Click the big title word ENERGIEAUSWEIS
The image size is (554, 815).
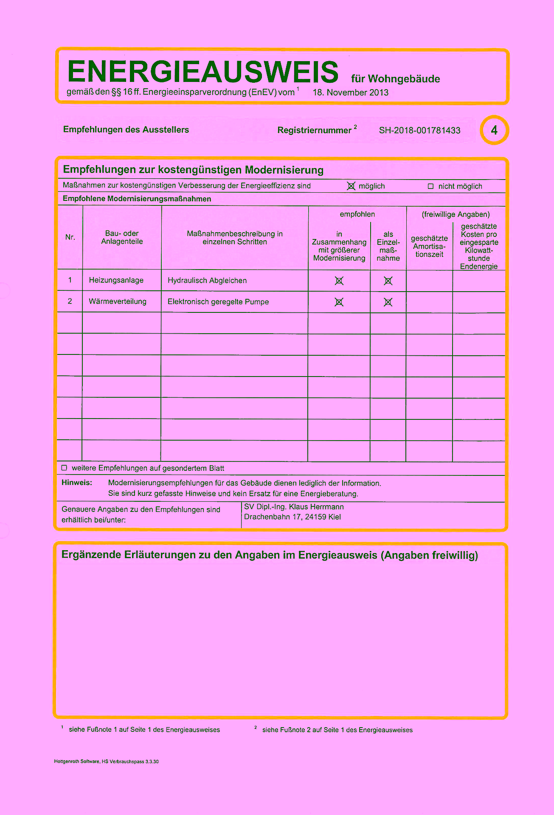(x=202, y=71)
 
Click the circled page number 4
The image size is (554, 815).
(x=494, y=130)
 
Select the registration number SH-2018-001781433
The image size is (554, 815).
(x=419, y=130)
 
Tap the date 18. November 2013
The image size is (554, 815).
(x=350, y=93)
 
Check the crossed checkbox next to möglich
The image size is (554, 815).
(x=351, y=186)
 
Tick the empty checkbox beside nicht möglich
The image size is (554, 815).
(x=430, y=186)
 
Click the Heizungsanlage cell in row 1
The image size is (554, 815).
(x=116, y=280)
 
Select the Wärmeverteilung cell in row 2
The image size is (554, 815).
(x=118, y=301)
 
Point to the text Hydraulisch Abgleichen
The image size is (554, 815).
(x=207, y=281)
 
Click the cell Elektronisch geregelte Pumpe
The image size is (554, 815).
(x=218, y=302)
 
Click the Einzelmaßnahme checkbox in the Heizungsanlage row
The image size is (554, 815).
(x=388, y=281)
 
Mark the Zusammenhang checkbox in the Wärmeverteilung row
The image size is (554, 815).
(x=339, y=302)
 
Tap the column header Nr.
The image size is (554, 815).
(x=70, y=237)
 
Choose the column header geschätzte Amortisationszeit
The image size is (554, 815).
(x=429, y=246)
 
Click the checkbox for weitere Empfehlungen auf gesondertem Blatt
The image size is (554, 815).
(x=65, y=468)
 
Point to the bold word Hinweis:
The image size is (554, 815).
(x=77, y=483)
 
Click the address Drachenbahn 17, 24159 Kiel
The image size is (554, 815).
(x=292, y=517)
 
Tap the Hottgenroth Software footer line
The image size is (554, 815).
(x=107, y=762)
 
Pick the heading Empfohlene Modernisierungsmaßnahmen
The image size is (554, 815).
(x=137, y=199)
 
